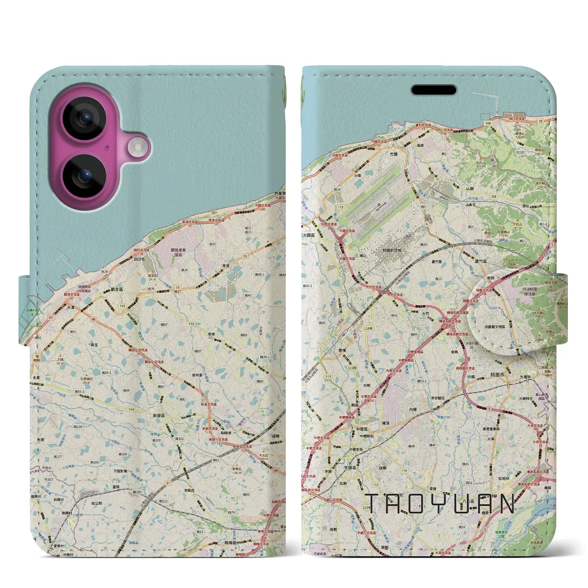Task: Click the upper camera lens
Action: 84,118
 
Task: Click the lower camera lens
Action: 84,175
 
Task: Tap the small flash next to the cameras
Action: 136,147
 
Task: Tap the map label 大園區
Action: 309,235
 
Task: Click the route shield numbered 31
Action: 168,482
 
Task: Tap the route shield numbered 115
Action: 122,306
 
